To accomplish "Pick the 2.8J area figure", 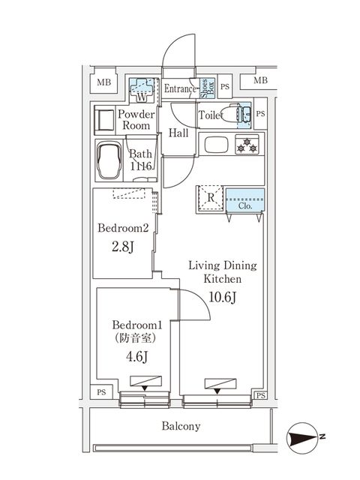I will pos(123,248).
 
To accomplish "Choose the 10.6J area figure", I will pos(222,298).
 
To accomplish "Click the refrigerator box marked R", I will pos(210,199).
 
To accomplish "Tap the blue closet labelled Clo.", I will pos(244,200).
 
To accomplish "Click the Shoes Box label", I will pos(205,88).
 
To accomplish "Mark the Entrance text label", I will pos(180,88).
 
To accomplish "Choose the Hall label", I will pos(178,133).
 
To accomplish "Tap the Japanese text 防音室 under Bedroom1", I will pos(137,337).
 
